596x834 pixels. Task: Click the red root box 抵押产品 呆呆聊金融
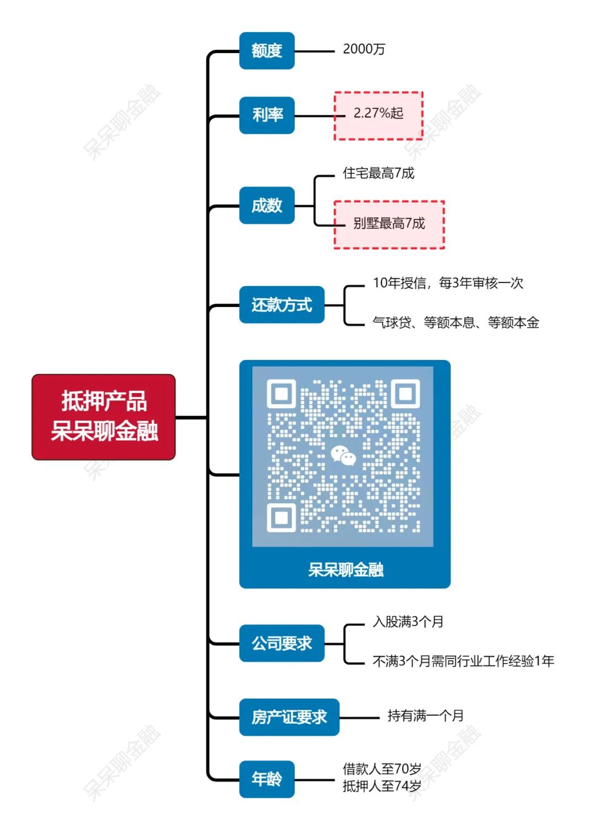click(103, 417)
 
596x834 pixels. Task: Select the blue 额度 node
click(267, 51)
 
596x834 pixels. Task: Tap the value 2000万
click(364, 49)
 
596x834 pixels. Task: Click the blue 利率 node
click(267, 115)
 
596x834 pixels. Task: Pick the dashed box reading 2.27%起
click(379, 115)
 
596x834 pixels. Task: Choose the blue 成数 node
click(267, 205)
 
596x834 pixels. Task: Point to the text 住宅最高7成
click(378, 173)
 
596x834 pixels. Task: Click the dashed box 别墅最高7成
click(389, 224)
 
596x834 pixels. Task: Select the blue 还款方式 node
click(281, 305)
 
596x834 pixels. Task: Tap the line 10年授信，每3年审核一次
click(448, 283)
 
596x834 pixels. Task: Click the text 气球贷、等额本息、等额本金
click(455, 322)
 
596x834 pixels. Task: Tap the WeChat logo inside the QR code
click(343, 455)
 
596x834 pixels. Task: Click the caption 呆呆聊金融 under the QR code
click(345, 570)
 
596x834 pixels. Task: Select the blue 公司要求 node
click(281, 643)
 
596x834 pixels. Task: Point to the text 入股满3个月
click(408, 621)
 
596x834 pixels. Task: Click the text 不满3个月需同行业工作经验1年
click(463, 661)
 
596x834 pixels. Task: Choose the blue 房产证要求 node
click(289, 717)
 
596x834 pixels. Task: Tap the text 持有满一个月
click(425, 716)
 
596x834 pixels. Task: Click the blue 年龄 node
click(267, 779)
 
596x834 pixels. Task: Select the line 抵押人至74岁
click(381, 786)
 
